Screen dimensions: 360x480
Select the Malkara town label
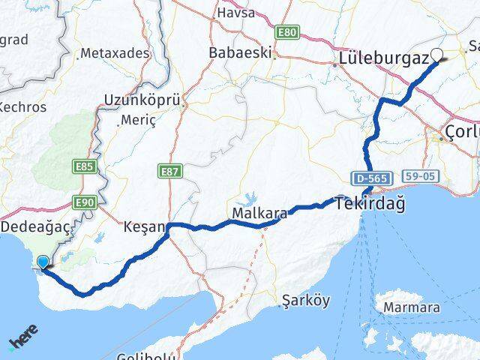click(x=260, y=214)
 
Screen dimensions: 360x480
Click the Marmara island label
click(x=411, y=307)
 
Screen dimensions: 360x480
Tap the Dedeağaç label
click(x=35, y=226)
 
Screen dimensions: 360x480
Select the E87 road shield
click(x=171, y=172)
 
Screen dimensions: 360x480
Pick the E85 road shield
click(x=84, y=167)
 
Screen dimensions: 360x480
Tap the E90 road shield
click(x=83, y=202)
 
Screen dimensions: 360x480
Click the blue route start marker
click(x=43, y=262)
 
